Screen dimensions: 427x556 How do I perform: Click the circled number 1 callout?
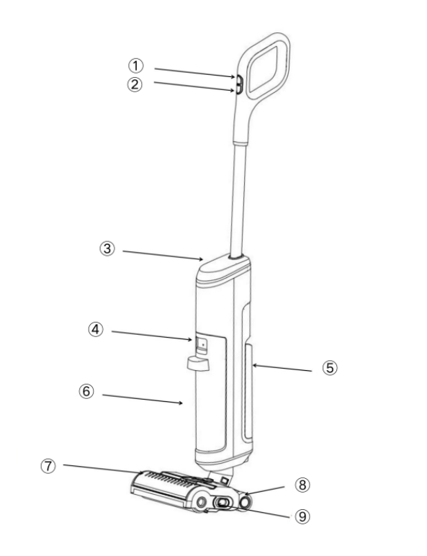tap(135, 66)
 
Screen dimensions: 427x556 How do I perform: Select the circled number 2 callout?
tap(135, 85)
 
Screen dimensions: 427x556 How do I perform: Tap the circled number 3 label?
tap(107, 248)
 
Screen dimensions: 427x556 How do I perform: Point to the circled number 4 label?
tap(96, 330)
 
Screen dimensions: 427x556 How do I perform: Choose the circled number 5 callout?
tap(330, 368)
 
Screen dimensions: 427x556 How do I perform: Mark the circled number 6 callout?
tap(86, 392)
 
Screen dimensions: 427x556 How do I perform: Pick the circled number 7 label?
tap(48, 466)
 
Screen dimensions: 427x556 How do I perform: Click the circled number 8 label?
tap(302, 485)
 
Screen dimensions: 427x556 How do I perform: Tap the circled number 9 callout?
tap(302, 516)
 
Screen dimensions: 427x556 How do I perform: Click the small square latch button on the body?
tap(202, 344)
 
